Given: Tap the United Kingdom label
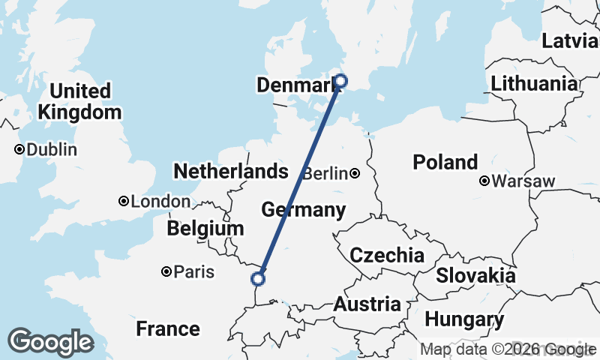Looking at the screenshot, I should pos(80,102).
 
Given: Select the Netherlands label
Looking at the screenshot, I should pos(230,172).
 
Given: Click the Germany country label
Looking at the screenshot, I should pos(303,210).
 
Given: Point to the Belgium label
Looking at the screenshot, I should pos(205,229).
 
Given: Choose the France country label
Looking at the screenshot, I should pos(168,328).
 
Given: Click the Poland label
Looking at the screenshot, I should pos(445,162).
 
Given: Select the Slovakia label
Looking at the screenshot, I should pos(475,275).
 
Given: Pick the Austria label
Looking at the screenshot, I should pos(367,304).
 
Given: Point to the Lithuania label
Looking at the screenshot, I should pos(535,83).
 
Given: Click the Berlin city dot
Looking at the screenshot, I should pos(355,174).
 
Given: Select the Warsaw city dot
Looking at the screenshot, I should pos(484,181).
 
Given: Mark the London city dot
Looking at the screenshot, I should pos(124,201).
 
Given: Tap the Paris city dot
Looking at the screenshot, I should pos(166,271).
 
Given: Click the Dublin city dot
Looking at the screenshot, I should pos(19,149).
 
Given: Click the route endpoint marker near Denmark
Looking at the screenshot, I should pos(340,81).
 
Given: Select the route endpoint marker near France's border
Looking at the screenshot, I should pos(258,279).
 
